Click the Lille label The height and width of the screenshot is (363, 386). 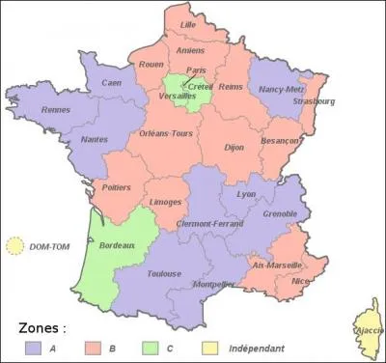click(x=188, y=24)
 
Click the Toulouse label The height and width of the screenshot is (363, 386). click(x=165, y=274)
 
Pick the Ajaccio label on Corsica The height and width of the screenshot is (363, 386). click(x=369, y=329)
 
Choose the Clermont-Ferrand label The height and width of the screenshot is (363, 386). click(x=210, y=224)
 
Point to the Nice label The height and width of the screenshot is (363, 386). click(x=301, y=280)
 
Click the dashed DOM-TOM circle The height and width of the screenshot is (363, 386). click(x=15, y=246)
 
